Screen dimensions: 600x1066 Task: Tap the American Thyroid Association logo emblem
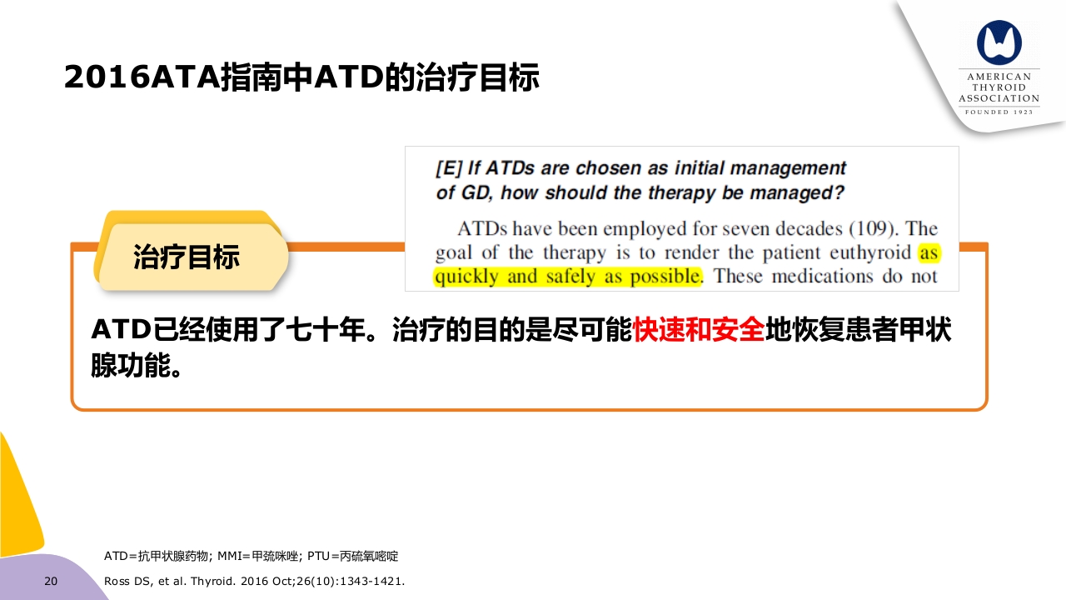999,42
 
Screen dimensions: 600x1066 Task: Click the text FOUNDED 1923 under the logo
999,112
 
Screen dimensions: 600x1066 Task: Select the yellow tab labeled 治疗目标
187,257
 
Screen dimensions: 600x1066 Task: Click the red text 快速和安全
698,330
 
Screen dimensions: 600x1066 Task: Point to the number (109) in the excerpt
875,228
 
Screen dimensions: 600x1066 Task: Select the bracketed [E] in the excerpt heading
448,168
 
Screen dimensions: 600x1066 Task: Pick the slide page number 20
51,581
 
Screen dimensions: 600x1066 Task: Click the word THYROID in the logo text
999,87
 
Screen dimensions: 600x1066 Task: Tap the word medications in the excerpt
822,277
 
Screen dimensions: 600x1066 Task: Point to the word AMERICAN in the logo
999,77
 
